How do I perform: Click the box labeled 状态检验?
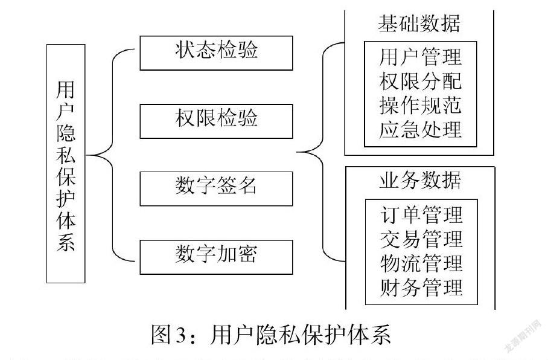(x=216, y=52)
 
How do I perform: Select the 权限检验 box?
(x=216, y=120)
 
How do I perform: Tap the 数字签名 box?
(x=216, y=188)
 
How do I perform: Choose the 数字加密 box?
(x=216, y=256)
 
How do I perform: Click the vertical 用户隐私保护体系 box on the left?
(x=66, y=164)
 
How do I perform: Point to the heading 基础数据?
(x=419, y=24)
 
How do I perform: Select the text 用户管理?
(x=420, y=57)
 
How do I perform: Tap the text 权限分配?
(x=420, y=82)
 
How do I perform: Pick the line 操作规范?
(x=420, y=105)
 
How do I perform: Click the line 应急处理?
(x=420, y=129)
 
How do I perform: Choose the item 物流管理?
(x=421, y=264)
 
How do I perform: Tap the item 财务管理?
(x=421, y=288)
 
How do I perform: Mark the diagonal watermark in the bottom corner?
(x=523, y=338)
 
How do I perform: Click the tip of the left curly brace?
(x=89, y=155)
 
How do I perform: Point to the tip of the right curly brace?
(x=297, y=153)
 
